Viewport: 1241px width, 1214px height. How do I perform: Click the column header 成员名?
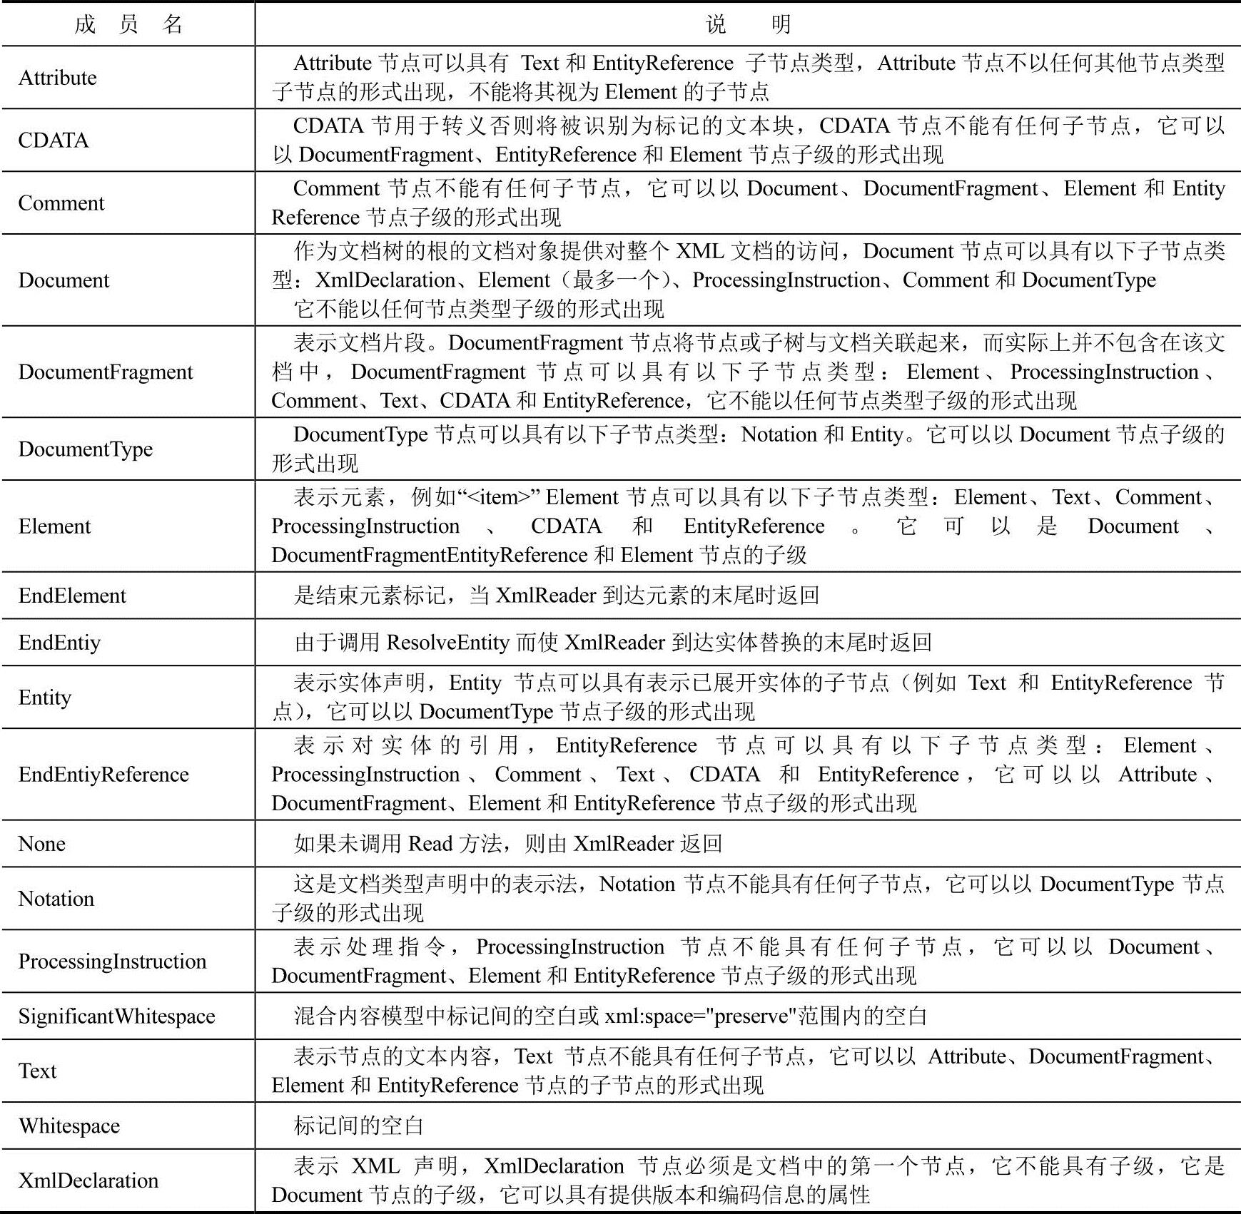(x=128, y=25)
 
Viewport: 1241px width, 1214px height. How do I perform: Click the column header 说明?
(x=747, y=25)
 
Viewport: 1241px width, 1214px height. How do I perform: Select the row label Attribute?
(x=58, y=78)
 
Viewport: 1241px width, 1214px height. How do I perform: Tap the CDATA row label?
(x=54, y=141)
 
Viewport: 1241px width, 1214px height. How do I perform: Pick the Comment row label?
(x=61, y=203)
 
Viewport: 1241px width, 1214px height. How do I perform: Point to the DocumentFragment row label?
(x=106, y=372)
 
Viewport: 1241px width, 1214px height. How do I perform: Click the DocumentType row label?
(x=86, y=449)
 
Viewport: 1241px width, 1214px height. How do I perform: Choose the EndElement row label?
(x=72, y=596)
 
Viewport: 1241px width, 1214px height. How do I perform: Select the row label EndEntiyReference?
(x=103, y=775)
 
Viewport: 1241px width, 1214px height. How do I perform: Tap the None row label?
(x=42, y=844)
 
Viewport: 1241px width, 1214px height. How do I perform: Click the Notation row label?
(x=56, y=899)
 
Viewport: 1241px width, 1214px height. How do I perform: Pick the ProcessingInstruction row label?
(x=112, y=961)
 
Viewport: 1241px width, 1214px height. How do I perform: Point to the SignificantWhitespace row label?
(x=116, y=1016)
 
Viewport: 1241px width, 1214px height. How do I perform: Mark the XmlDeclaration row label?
(x=88, y=1180)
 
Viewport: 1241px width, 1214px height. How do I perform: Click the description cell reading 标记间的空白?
(x=359, y=1126)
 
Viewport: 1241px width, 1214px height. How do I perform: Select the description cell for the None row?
(x=508, y=844)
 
